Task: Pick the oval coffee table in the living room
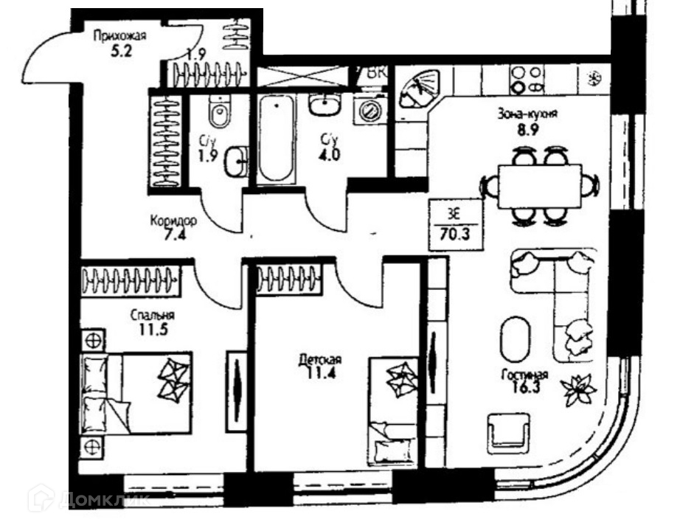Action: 516,339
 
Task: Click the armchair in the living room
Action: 507,430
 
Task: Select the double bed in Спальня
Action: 136,392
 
